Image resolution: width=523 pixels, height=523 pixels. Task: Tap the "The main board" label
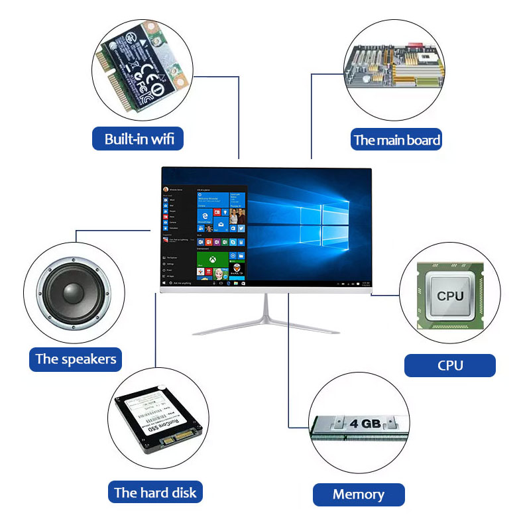(396, 139)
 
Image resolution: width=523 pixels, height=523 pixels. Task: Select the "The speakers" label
(76, 359)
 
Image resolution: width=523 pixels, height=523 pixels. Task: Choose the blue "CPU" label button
(450, 365)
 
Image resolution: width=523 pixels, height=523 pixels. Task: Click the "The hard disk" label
(155, 492)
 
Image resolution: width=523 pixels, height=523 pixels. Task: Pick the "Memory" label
(358, 494)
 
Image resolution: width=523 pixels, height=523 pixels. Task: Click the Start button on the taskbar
(164, 283)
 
